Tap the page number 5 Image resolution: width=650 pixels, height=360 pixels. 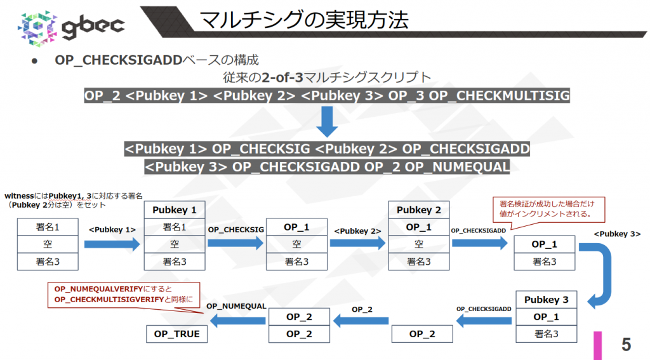(626, 344)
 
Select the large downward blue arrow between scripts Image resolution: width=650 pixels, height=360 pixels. (327, 121)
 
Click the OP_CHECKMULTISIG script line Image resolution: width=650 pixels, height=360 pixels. (327, 96)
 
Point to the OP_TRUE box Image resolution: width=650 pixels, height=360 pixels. (177, 333)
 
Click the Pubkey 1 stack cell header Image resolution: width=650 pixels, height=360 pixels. (175, 210)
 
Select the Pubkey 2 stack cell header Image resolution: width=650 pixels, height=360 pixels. (418, 210)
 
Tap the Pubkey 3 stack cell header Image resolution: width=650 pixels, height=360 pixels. (546, 300)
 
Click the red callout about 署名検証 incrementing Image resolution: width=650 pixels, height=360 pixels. (547, 209)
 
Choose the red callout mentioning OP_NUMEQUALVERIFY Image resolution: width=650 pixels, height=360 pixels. (123, 295)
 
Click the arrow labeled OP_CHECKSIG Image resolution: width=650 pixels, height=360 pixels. (235, 243)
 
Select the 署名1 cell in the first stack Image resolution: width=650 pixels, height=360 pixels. (48, 227)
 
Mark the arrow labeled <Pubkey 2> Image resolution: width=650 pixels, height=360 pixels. (358, 243)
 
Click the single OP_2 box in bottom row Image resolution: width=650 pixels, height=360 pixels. (421, 333)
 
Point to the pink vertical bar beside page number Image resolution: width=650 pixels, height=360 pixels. (597, 344)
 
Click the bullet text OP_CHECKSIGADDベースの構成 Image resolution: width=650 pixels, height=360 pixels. (156, 60)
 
